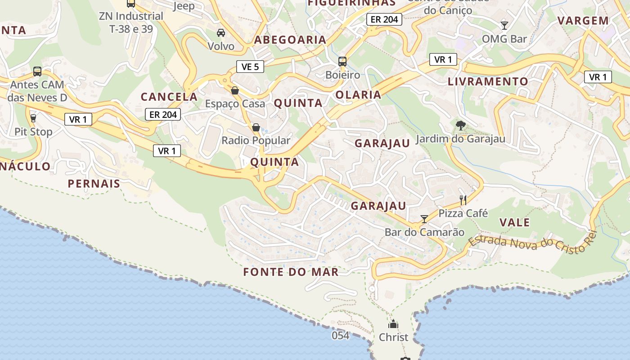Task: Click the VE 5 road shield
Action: tap(250, 67)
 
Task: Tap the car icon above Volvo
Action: tap(221, 33)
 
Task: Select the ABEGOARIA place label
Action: tap(290, 40)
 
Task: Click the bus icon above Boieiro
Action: tap(342, 61)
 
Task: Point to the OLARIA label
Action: tap(359, 95)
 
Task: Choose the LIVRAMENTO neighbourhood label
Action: tap(488, 81)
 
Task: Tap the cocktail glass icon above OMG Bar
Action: tap(504, 25)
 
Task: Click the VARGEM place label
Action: tap(583, 21)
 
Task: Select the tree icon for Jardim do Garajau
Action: tap(460, 125)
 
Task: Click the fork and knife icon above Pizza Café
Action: tap(463, 200)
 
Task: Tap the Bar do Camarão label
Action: tap(424, 232)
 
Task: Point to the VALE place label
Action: tap(515, 222)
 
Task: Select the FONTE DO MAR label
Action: tap(291, 272)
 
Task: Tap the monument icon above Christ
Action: tap(393, 324)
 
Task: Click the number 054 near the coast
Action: tap(341, 335)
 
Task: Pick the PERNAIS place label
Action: tap(94, 184)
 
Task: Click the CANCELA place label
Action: tap(169, 97)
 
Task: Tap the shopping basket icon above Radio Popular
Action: tap(256, 127)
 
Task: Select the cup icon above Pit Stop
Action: tap(33, 118)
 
